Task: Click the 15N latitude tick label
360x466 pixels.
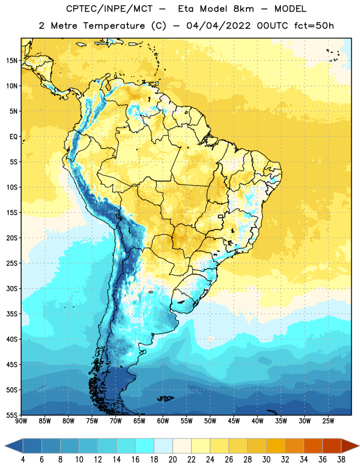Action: tap(12, 61)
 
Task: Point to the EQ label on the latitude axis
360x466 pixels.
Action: tap(13, 137)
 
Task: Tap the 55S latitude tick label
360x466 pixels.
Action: tap(12, 415)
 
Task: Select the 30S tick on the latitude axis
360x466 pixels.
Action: tap(12, 288)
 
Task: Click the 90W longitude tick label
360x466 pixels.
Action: tap(21, 421)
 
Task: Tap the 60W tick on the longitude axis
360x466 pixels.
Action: tap(163, 421)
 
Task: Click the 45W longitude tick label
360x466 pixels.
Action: tap(234, 421)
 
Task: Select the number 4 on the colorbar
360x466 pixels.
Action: tap(23, 460)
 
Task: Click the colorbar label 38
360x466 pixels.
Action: tap(341, 460)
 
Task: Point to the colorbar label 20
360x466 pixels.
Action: tap(172, 460)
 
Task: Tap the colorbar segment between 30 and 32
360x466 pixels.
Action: tap(276, 446)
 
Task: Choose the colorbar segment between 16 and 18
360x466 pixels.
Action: tap(144, 446)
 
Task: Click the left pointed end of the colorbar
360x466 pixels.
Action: tap(5, 446)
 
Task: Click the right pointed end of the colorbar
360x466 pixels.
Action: tap(358, 446)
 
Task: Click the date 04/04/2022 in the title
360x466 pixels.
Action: tap(218, 26)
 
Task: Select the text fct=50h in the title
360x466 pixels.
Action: tap(314, 26)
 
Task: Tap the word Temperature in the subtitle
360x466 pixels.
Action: tap(114, 26)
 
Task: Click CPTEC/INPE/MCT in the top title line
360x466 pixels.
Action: tap(110, 9)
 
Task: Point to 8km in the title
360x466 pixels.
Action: tap(243, 9)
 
